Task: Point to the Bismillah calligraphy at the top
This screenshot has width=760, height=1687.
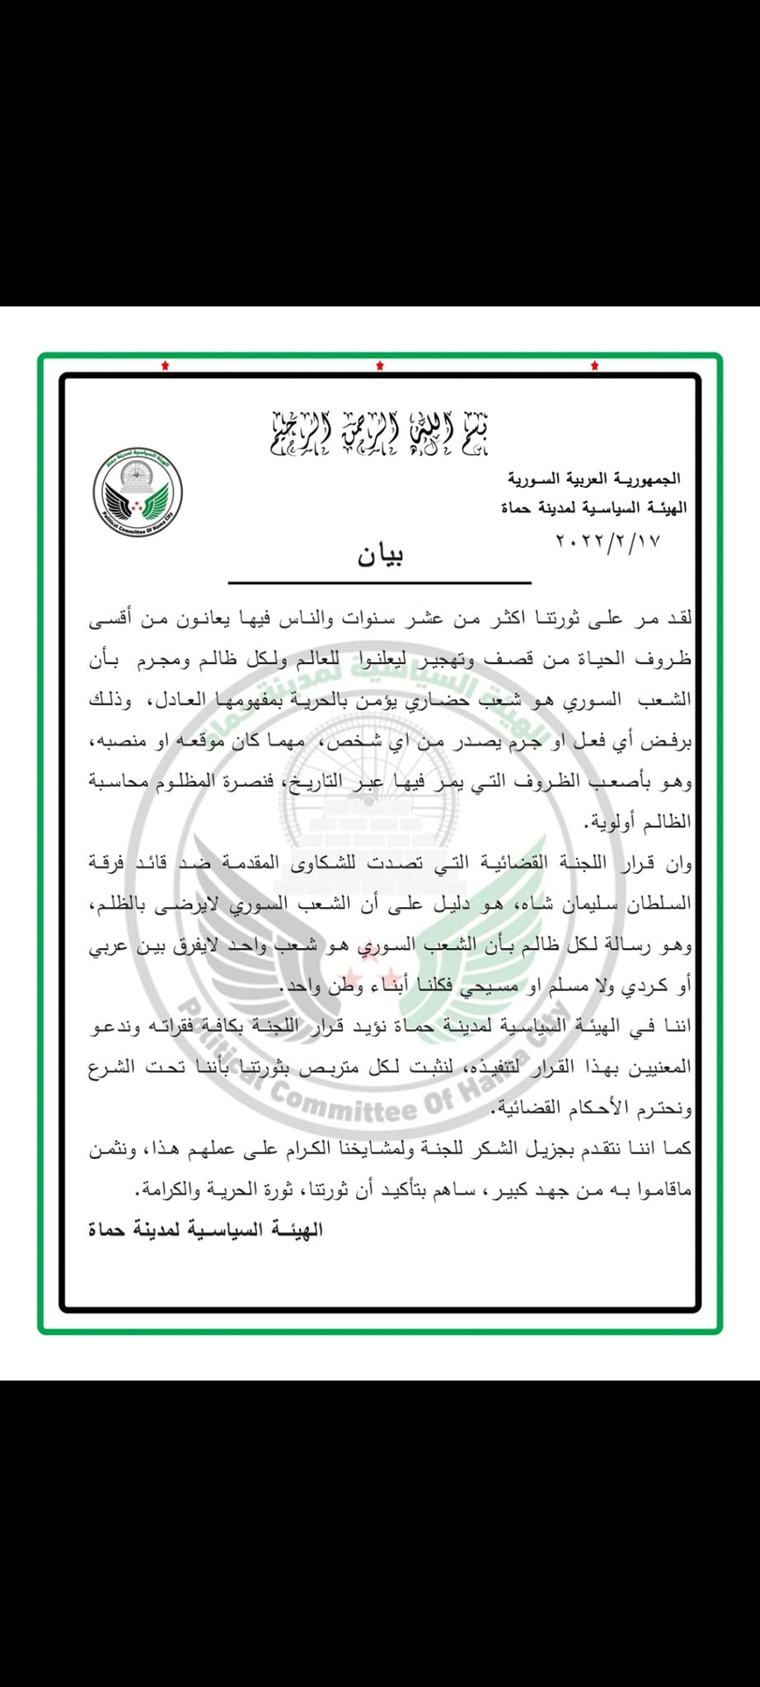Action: click(380, 432)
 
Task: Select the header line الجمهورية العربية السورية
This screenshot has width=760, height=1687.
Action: click(593, 479)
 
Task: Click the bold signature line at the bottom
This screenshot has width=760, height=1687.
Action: click(205, 1231)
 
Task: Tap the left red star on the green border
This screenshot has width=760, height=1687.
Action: click(165, 366)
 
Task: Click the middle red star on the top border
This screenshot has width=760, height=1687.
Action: click(380, 366)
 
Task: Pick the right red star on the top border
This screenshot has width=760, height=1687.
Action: click(594, 366)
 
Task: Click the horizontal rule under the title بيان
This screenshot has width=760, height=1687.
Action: click(380, 582)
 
